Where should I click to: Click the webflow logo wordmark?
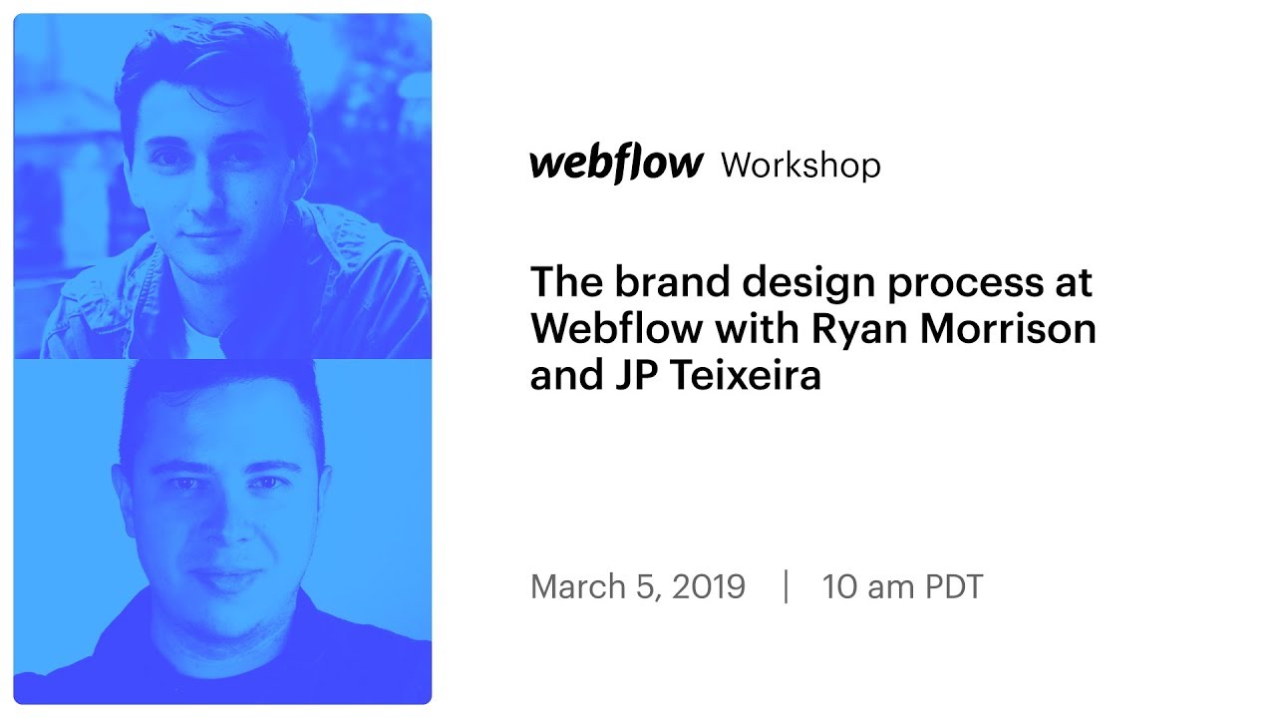tap(616, 165)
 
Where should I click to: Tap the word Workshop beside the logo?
tap(800, 166)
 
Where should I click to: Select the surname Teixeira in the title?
tap(738, 377)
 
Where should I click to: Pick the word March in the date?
tap(579, 586)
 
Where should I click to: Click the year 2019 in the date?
tap(708, 586)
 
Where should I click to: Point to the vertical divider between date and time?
tap(787, 586)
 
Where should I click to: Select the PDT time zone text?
tap(954, 586)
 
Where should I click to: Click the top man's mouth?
tap(212, 236)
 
